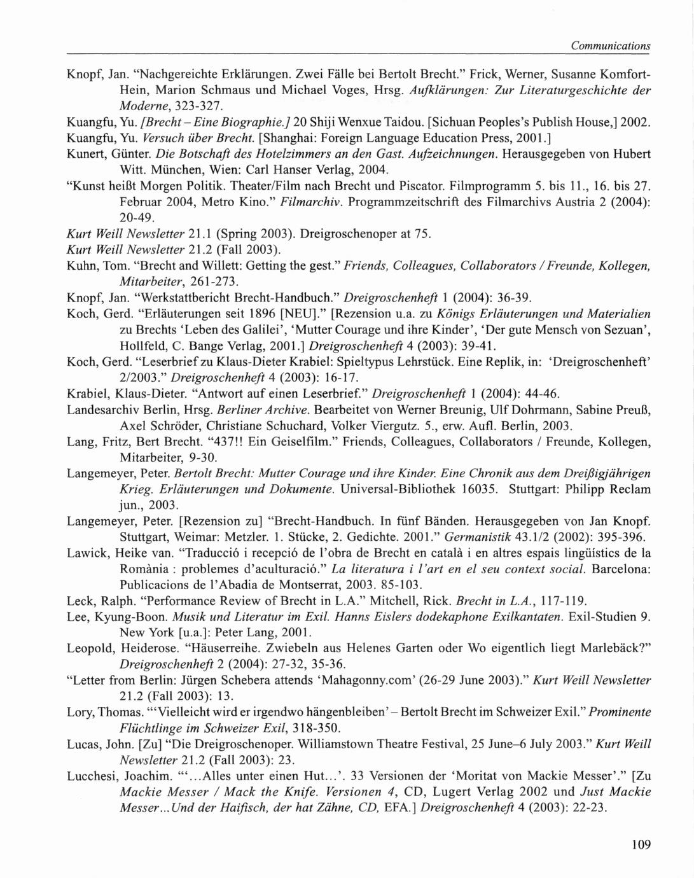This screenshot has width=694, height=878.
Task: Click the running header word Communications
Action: point(610,46)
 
